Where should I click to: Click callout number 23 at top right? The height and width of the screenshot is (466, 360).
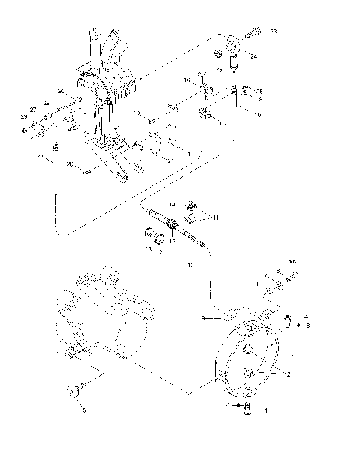point(274,31)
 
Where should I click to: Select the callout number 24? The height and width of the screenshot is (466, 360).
point(253,56)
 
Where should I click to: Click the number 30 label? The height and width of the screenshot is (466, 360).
point(62,92)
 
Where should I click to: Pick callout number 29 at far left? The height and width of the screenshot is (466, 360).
point(23,118)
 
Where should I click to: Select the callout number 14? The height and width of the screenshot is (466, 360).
point(172,204)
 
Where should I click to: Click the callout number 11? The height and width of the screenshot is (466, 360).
point(215,217)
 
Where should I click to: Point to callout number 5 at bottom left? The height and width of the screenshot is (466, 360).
point(84,410)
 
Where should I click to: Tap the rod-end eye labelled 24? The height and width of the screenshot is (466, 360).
point(235,46)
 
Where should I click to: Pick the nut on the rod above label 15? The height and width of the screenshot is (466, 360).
point(172,223)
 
